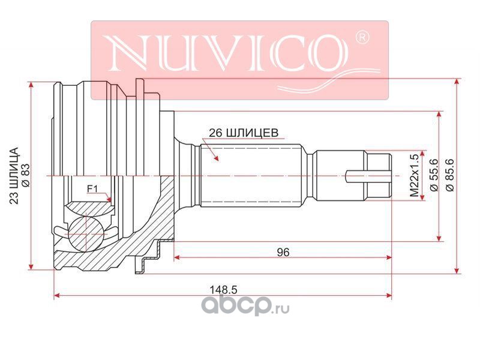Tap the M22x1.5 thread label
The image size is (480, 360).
pos(413,176)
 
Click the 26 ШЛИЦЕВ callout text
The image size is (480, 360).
pos(243,133)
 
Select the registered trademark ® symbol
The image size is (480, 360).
pos(362,38)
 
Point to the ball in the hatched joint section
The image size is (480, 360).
pos(85,231)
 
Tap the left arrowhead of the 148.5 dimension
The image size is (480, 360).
pos(57,295)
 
